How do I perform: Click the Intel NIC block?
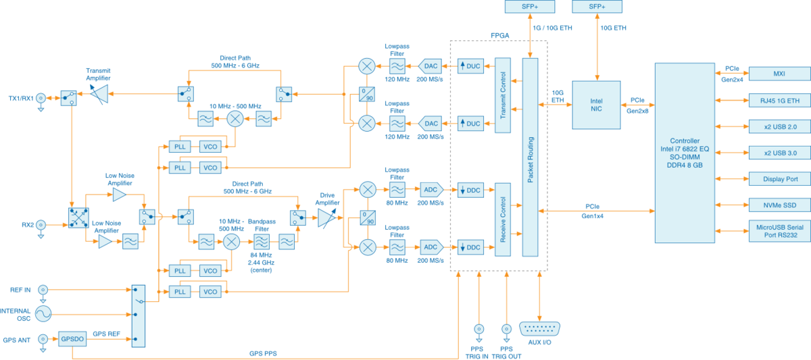pos(595,105)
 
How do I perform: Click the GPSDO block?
pos(71,339)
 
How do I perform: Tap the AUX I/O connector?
pos(539,330)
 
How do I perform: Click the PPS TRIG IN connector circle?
pos(479,330)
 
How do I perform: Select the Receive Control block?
pos(502,220)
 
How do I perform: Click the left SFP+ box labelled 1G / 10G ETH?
pos(530,7)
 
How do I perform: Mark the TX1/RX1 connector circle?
pos(41,99)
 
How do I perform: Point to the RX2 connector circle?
pos(41,225)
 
